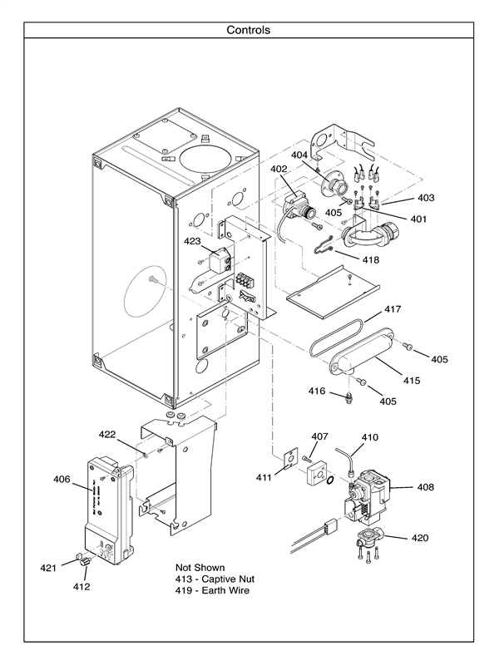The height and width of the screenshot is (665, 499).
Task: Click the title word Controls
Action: click(x=249, y=30)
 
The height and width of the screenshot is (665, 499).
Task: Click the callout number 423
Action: click(x=193, y=242)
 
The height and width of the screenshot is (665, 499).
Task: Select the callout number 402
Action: click(x=279, y=170)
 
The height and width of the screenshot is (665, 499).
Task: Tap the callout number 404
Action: click(x=299, y=155)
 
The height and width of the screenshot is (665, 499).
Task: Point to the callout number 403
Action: click(x=426, y=199)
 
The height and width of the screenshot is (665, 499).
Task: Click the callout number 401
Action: click(x=417, y=219)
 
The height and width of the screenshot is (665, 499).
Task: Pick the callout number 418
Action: click(x=370, y=260)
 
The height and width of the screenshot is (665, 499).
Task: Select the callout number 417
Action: click(x=393, y=309)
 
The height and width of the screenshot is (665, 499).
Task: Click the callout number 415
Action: click(x=412, y=381)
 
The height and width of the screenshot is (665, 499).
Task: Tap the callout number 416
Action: click(x=316, y=391)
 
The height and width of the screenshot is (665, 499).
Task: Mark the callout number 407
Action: click(x=319, y=436)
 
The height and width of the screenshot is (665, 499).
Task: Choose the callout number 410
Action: click(x=369, y=437)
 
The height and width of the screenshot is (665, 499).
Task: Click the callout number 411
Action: click(x=264, y=478)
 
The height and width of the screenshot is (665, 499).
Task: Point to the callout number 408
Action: click(x=425, y=487)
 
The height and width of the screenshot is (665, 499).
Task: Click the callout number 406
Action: click(x=62, y=479)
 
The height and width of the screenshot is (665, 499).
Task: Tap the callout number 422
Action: click(x=107, y=435)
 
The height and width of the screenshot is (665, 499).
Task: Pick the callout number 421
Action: click(x=49, y=568)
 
